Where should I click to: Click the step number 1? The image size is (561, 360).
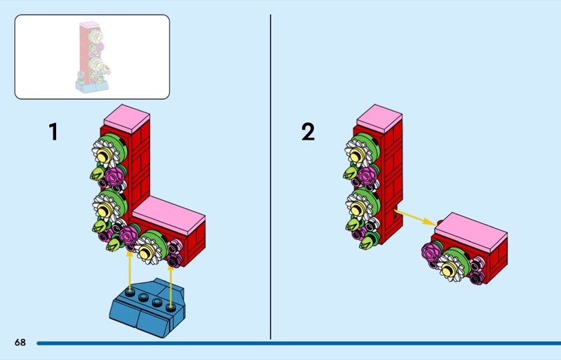click(x=53, y=131)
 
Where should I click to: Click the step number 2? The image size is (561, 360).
click(x=308, y=131)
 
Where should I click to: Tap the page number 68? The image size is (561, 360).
click(x=20, y=342)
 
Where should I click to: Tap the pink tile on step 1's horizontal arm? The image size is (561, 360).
click(x=168, y=210)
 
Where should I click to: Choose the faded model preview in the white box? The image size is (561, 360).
click(x=92, y=57)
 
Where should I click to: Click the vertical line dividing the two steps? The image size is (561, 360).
click(x=271, y=175)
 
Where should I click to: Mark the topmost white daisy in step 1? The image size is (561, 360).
click(x=104, y=152)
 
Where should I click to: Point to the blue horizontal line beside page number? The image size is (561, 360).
click(x=295, y=343)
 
